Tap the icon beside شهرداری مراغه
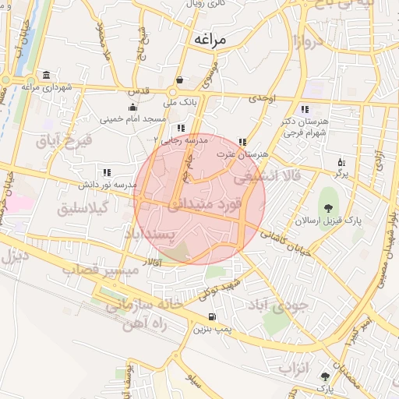pos(47,75)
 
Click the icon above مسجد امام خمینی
pos(132,107)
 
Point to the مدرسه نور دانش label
pos(107,185)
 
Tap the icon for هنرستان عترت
pos(243,142)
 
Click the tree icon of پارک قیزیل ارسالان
pos(329,207)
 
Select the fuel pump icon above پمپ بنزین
pos(212,316)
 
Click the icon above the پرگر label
pos(341,162)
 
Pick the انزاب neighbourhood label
pos(295,366)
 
